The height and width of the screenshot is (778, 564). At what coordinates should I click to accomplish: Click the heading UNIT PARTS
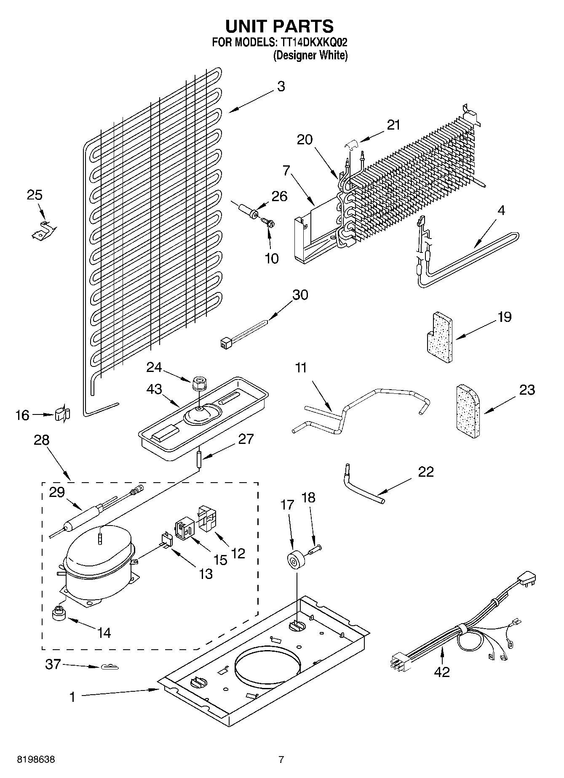point(280,26)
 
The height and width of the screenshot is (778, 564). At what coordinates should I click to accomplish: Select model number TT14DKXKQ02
point(312,42)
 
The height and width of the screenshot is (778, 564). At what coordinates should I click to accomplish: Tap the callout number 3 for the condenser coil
point(281,87)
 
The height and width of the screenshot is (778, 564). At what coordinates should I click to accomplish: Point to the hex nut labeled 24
point(198,383)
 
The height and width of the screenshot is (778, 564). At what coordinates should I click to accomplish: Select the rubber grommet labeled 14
point(59,614)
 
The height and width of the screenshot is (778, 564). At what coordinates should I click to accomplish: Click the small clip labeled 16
point(62,414)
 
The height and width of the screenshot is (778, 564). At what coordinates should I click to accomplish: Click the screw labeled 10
point(267,222)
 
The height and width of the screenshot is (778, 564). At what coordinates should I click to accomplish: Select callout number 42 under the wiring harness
point(441,672)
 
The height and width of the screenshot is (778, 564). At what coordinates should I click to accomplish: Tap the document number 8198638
point(36,759)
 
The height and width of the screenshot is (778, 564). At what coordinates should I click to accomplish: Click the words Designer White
point(311,55)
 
